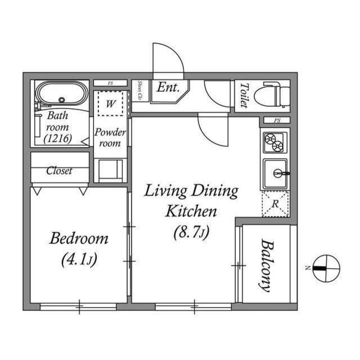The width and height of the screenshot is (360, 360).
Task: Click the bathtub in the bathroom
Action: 61,94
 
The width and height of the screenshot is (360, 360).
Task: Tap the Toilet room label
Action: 244,96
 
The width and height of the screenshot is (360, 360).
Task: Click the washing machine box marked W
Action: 111,103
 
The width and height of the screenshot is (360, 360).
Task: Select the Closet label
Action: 59,170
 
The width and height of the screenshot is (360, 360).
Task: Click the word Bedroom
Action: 79,238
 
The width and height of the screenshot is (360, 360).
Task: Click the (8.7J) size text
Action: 191,232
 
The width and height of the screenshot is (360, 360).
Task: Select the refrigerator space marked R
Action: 274,204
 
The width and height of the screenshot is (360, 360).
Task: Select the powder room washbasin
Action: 110,169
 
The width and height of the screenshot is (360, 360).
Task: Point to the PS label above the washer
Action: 110,83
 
